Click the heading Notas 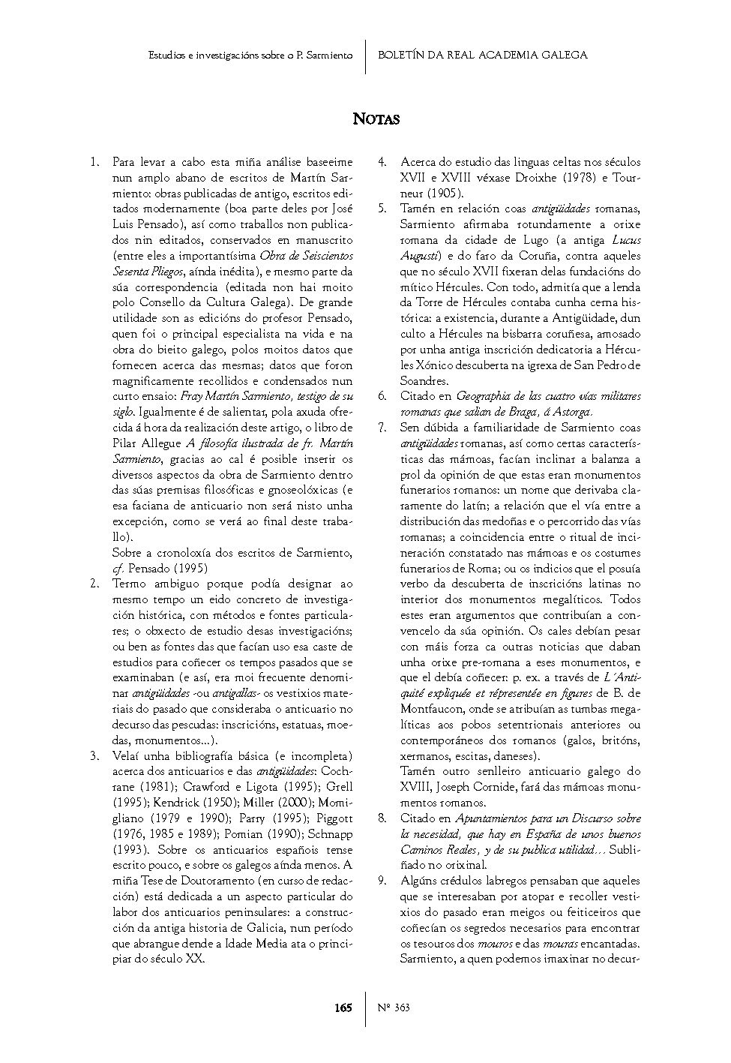coord(376,119)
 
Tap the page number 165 coord(343,1007)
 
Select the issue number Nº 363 coord(394,1007)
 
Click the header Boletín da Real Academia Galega coord(483,55)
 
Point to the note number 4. coord(382,162)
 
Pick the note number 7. coord(382,428)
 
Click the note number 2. coord(94,584)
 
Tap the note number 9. coord(382,881)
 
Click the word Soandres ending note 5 coord(424,381)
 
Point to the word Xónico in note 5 coord(426,365)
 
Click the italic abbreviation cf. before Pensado coord(118,569)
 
